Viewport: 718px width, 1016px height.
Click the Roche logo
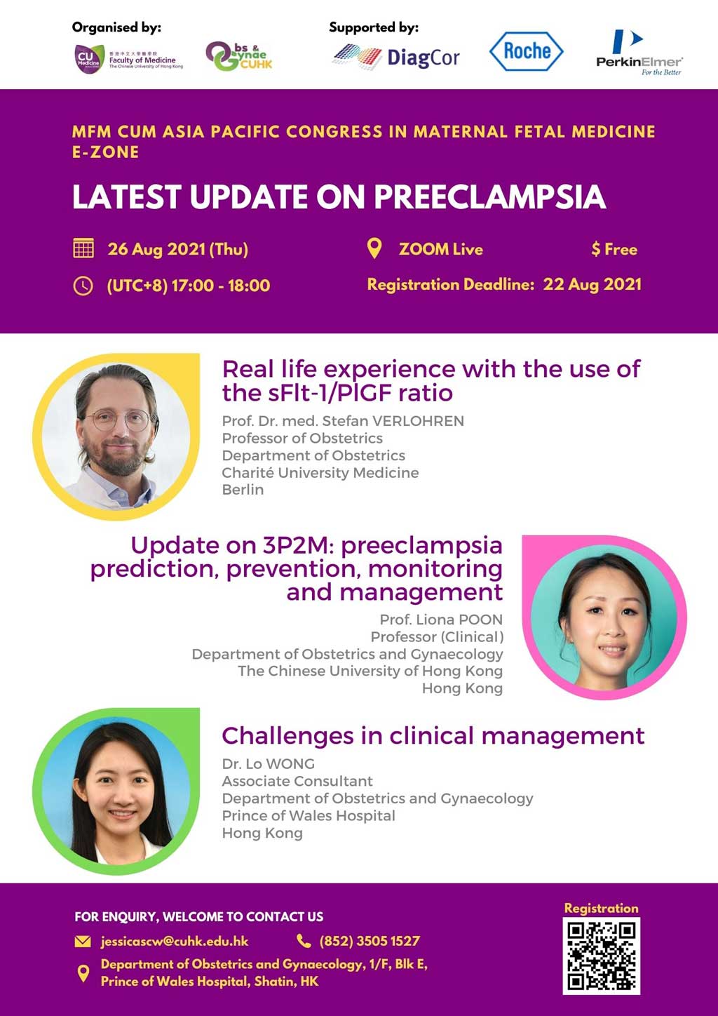tap(527, 51)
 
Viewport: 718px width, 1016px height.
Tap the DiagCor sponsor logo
tap(395, 57)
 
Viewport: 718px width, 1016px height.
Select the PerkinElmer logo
tap(639, 53)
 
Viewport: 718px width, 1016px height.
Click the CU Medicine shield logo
tap(89, 59)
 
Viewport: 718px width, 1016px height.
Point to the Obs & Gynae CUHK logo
tap(239, 56)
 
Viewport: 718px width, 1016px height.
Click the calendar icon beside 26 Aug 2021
tap(83, 248)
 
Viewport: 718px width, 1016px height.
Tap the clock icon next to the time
tap(83, 286)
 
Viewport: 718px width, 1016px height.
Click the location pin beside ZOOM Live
tap(374, 248)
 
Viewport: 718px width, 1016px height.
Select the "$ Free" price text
tap(614, 249)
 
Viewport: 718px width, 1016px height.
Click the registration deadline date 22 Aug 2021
tap(592, 284)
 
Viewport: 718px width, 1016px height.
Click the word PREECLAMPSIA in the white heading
tap(490, 197)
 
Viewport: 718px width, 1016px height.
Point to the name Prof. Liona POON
tap(441, 620)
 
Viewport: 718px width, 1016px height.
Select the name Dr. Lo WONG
tap(269, 764)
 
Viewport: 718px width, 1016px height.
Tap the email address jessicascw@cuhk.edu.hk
tap(175, 941)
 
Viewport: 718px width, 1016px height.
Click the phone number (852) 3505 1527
tap(370, 941)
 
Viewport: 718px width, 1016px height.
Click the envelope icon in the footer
tap(83, 942)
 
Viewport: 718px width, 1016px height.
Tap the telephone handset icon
tap(303, 941)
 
